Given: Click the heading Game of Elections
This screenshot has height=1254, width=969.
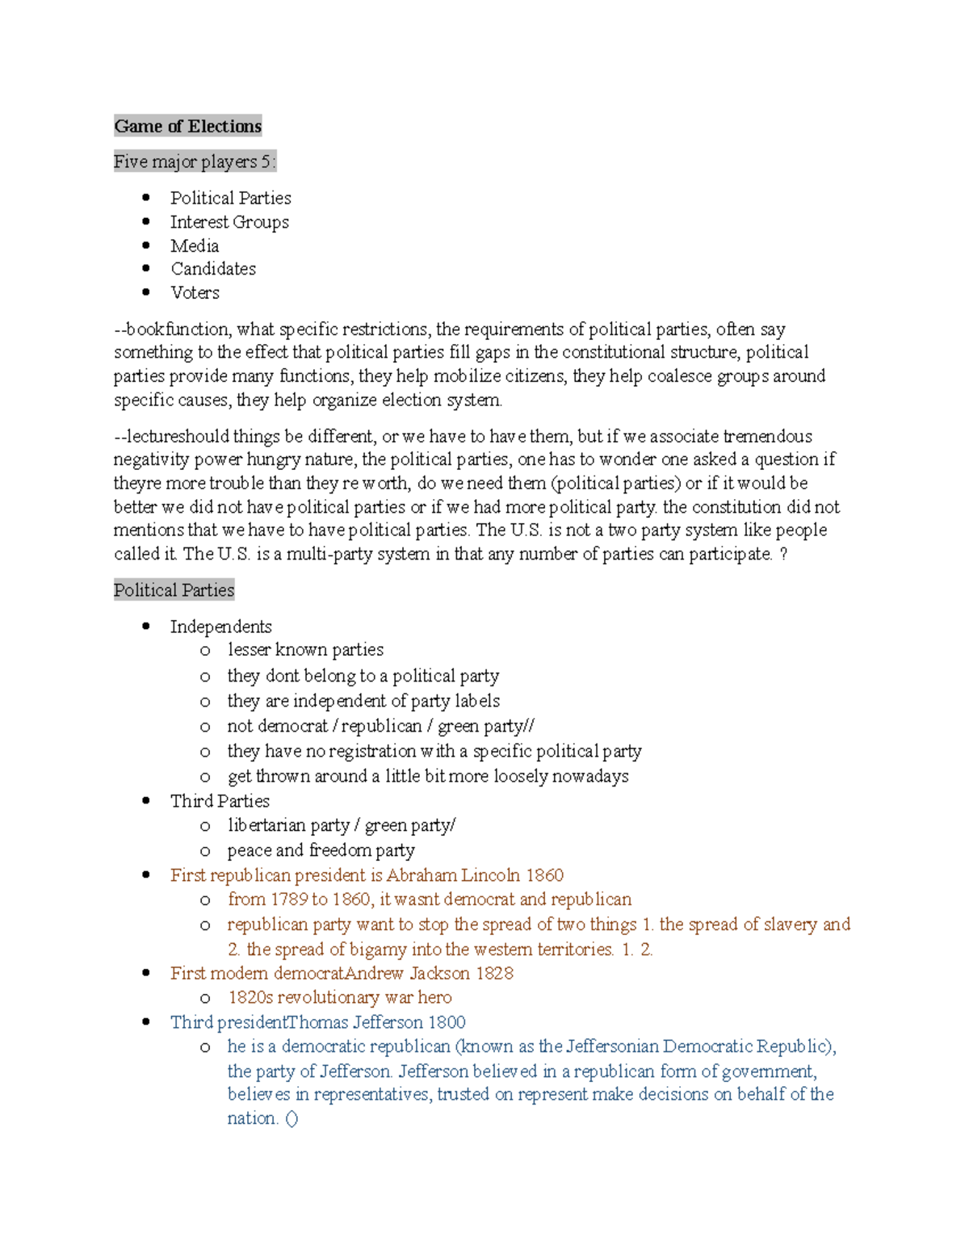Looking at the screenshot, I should [187, 126].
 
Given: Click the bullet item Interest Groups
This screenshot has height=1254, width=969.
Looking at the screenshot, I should [229, 222].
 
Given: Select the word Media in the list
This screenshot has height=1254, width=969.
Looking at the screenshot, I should [195, 245].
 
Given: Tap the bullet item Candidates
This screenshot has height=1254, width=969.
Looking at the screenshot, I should [213, 269].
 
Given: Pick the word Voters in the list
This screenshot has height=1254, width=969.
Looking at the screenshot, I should [195, 292].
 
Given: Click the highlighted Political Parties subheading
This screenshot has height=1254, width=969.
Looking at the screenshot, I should [174, 590].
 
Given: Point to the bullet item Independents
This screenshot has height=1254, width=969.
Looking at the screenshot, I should [220, 627].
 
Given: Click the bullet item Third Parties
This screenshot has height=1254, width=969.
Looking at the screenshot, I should [220, 801].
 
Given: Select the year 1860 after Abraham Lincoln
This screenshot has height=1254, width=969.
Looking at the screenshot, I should [544, 875].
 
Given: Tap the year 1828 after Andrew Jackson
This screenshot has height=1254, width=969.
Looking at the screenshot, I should [494, 973].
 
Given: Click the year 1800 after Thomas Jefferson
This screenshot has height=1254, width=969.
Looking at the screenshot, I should [447, 1022].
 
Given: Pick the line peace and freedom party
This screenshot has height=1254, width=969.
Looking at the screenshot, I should [321, 850].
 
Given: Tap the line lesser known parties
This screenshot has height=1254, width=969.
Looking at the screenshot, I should [305, 650].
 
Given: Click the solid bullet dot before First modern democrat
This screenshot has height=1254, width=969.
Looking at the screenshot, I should [146, 973].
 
